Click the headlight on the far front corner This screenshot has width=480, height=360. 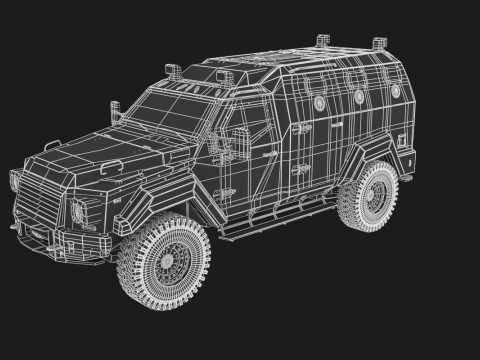click(x=15, y=184)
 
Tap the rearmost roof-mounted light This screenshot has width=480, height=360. click(x=379, y=43)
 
